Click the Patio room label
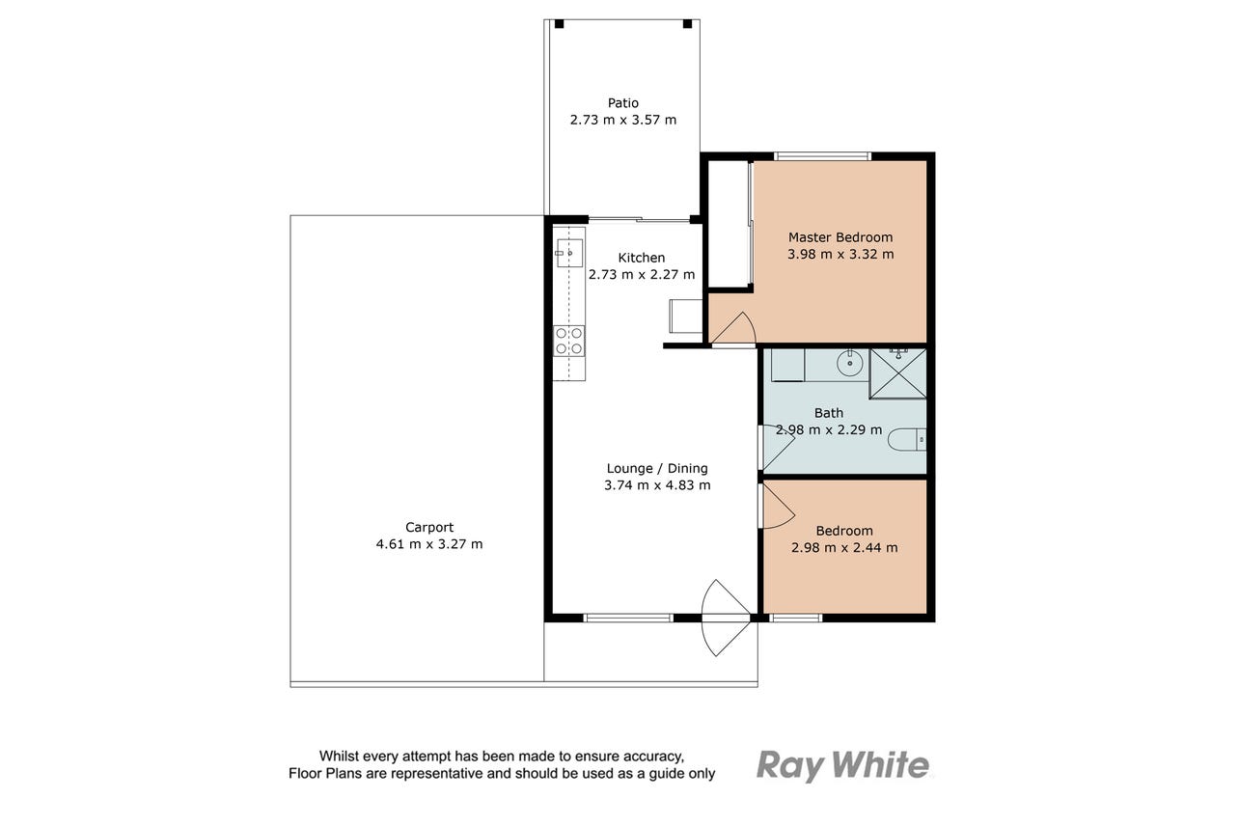[x=622, y=103]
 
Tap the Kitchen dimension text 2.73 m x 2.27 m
[x=642, y=274]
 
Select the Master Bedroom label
[x=840, y=237]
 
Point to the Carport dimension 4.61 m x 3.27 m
[x=429, y=544]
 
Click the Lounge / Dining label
[x=657, y=469]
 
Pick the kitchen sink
[x=569, y=254]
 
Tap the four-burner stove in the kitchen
[x=569, y=341]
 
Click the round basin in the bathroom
[x=849, y=364]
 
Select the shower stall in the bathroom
[x=898, y=373]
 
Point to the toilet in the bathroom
[x=907, y=440]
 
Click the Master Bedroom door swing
[x=733, y=329]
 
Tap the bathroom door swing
[x=777, y=448]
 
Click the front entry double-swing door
[x=726, y=618]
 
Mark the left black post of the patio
[x=560, y=24]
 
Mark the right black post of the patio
[x=688, y=24]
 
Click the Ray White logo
[x=842, y=766]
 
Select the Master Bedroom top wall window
[x=822, y=156]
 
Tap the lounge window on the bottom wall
[x=628, y=618]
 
